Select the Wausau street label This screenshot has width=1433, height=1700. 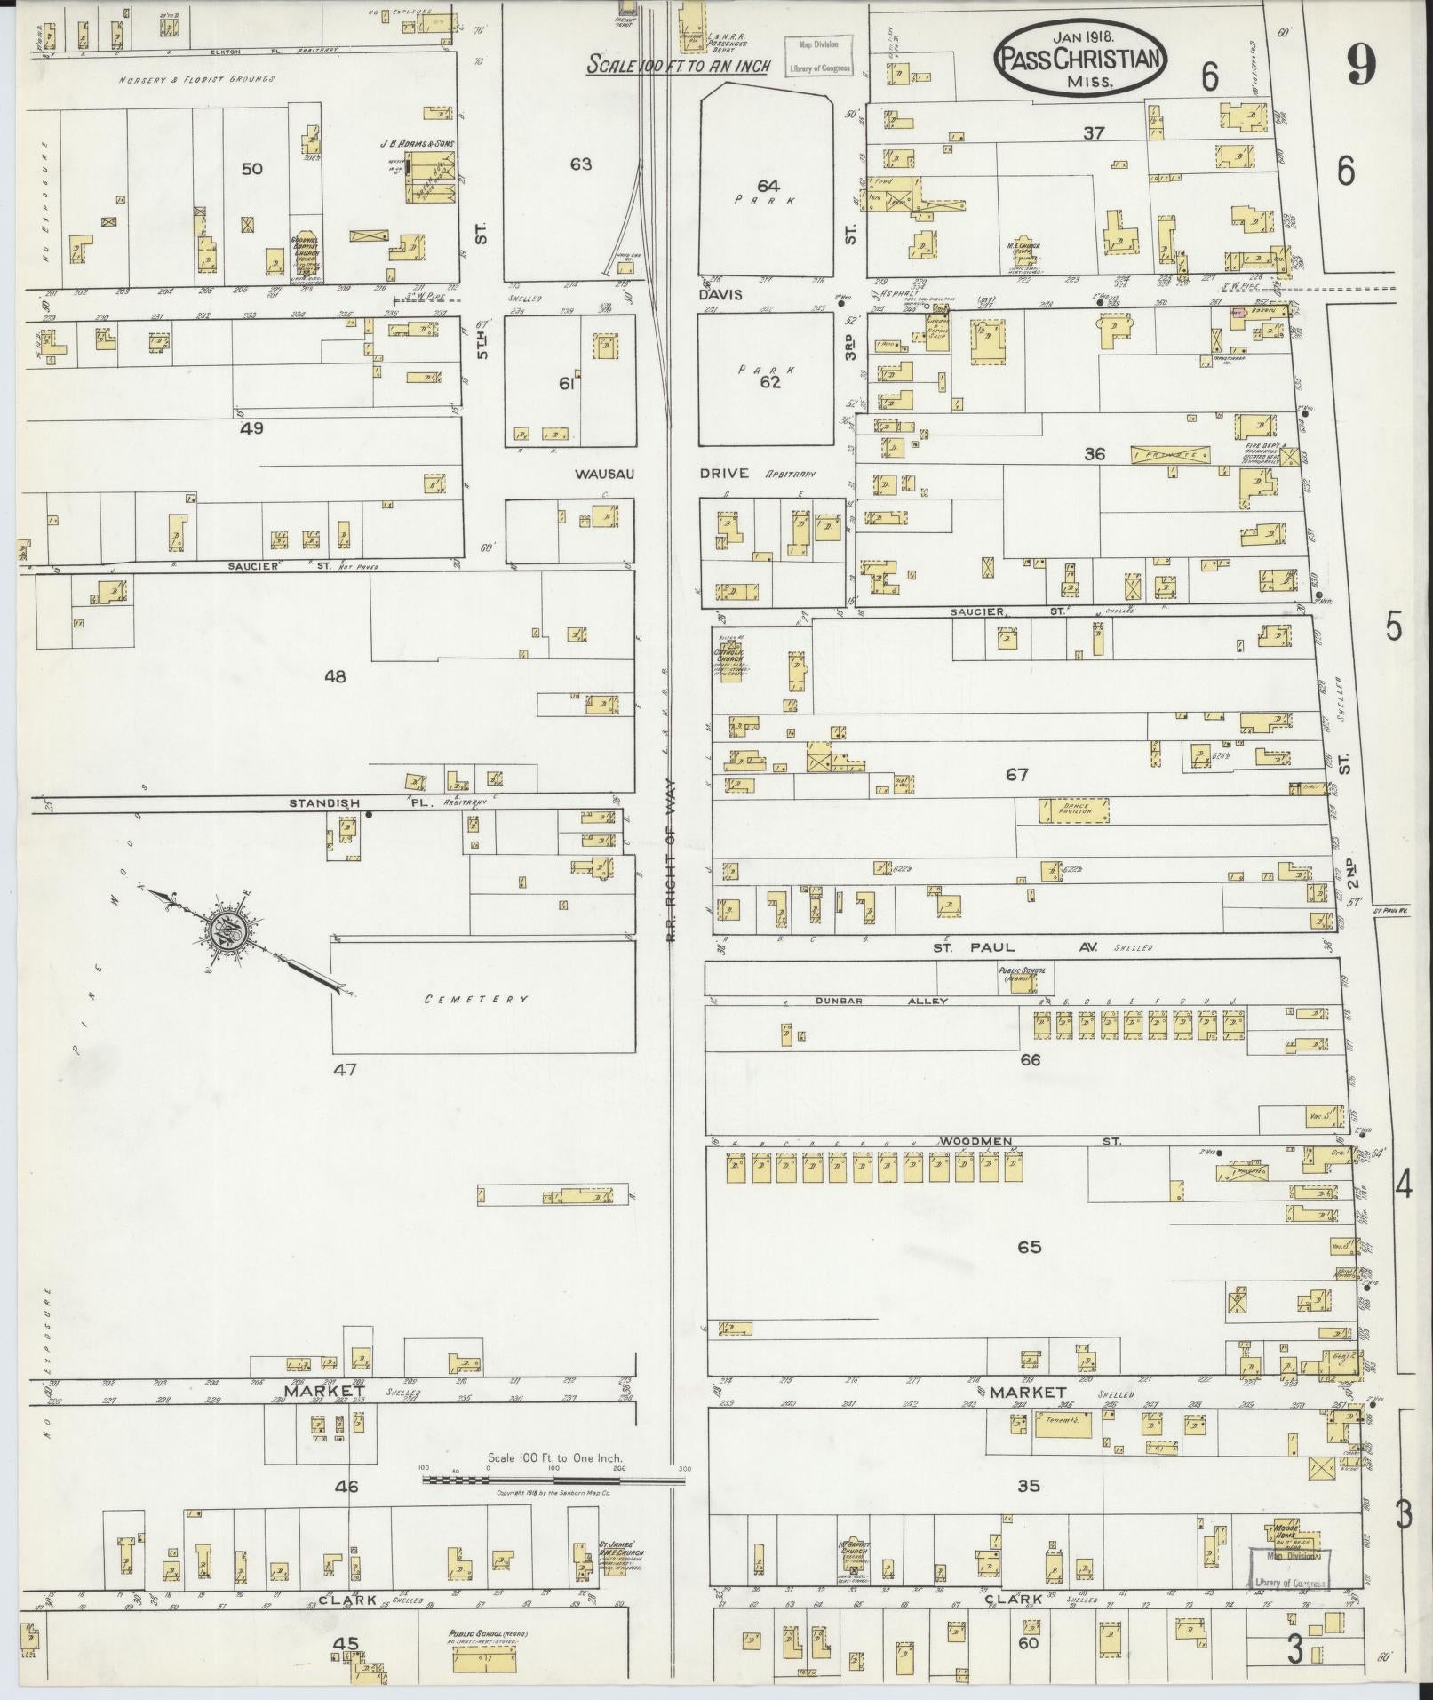603,474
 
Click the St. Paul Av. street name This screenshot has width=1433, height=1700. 1014,947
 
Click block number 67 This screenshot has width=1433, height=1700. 1017,775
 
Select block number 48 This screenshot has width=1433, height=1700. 335,676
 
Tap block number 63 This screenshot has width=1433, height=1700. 581,164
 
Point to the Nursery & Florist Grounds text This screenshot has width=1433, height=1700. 197,79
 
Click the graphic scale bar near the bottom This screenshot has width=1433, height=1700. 555,1480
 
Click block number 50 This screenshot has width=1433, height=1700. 252,168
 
